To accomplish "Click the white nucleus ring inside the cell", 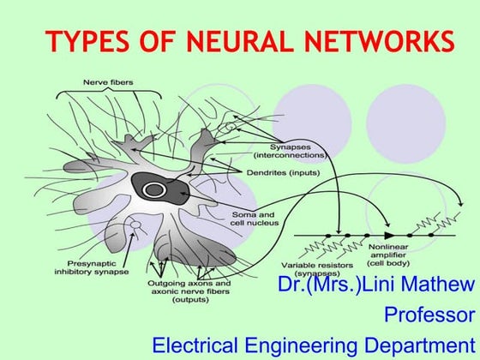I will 154,189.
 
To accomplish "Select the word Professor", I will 429,314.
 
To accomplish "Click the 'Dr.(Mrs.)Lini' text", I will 331,285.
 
